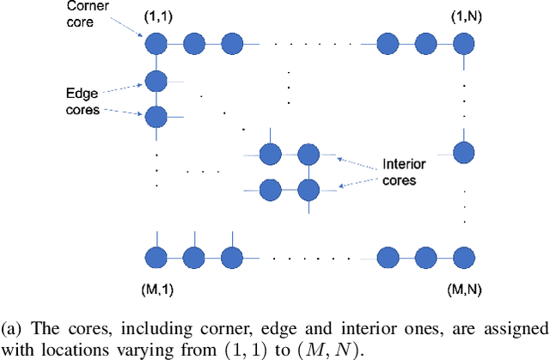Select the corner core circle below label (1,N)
464,42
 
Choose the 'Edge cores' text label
84,101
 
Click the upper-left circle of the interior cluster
270,155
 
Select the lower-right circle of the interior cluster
308,187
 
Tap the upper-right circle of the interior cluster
308,155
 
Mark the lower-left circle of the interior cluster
270,187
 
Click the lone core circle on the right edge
464,151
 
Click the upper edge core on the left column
156,82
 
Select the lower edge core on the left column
156,116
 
